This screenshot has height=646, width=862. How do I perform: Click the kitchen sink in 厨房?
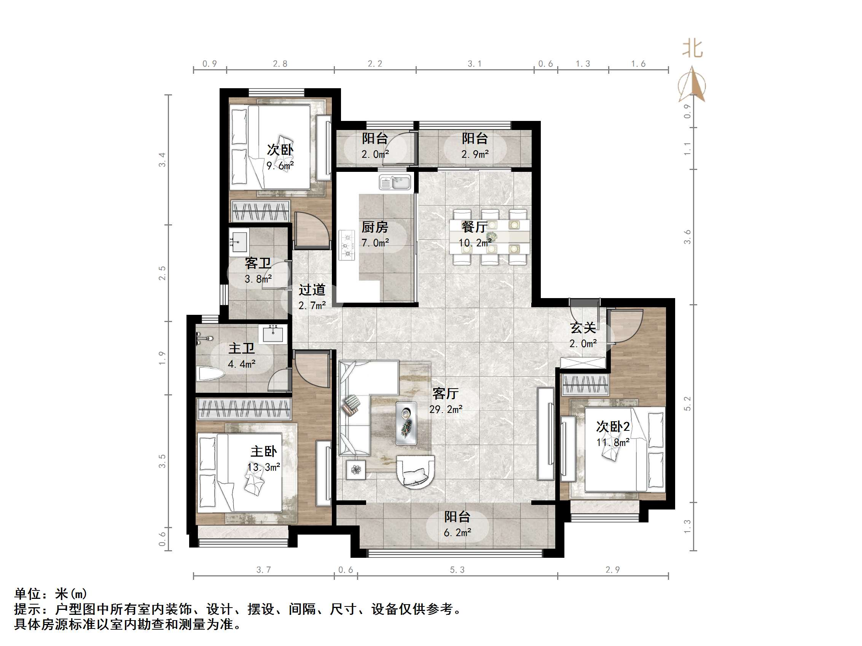point(395,183)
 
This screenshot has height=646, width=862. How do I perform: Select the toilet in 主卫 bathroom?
point(211,374)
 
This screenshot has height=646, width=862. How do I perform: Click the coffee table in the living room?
point(406,423)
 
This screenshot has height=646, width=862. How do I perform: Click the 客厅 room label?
point(445,394)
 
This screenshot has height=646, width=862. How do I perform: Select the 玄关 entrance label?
point(583,328)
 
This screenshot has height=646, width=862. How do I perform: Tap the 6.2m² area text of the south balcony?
point(457,533)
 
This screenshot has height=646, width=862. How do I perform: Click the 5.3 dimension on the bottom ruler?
point(457,570)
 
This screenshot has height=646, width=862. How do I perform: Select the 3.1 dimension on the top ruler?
point(475,64)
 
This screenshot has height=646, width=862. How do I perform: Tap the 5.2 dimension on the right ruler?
point(687,403)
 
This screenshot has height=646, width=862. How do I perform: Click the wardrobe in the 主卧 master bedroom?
point(244,409)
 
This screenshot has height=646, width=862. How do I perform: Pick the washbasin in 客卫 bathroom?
point(239,242)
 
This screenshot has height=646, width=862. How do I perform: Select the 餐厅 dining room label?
point(475,227)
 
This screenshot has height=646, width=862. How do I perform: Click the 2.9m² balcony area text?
point(475,155)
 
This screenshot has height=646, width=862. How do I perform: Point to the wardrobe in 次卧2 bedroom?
point(585,385)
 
